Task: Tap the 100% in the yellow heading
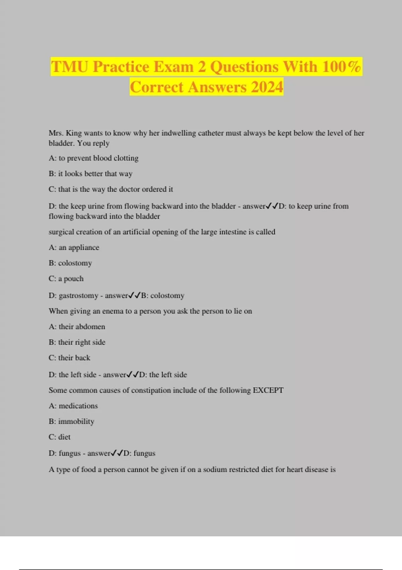point(341,66)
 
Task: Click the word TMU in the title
point(70,66)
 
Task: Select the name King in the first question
point(74,133)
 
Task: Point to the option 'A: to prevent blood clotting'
point(93,158)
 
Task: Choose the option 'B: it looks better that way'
point(90,174)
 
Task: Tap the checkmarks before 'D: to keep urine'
point(272,206)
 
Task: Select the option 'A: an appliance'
point(74,247)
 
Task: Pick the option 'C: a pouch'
point(66,279)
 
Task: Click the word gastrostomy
point(78,296)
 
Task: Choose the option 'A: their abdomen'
point(77,327)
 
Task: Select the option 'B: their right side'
point(77,342)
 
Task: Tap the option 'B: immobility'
point(71,421)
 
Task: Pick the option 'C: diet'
point(60,437)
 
